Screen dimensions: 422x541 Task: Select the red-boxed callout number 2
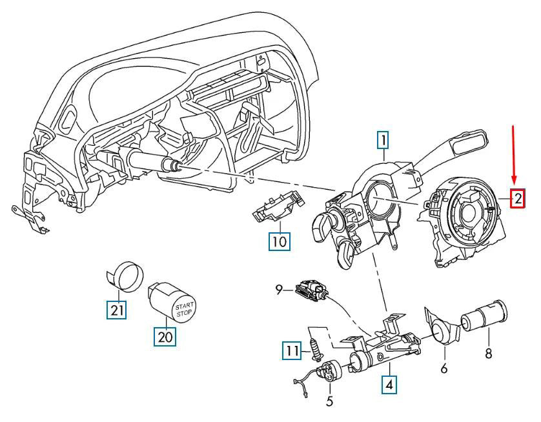518,199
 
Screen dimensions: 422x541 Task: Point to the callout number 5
330,401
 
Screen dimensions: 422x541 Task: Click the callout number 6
444,369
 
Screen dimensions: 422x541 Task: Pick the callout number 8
489,354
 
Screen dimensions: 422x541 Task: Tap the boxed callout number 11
292,351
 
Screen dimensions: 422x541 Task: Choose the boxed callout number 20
165,337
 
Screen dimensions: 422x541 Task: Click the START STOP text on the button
185,308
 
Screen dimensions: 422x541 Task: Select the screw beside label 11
315,345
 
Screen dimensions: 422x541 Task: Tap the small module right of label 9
312,290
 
